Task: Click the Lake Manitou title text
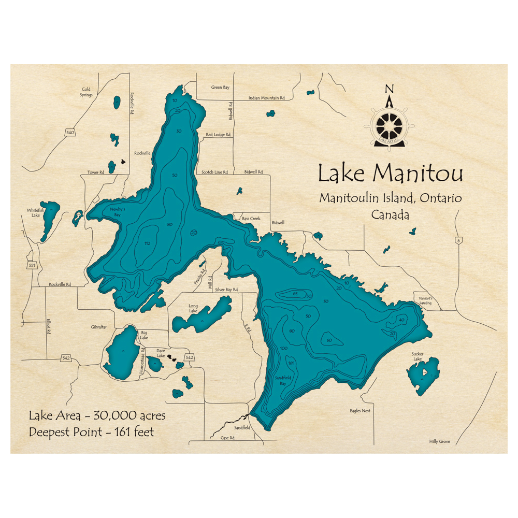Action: point(390,174)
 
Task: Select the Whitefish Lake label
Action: point(35,212)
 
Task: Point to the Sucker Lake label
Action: point(418,357)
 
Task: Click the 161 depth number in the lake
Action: point(291,363)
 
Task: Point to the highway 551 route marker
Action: point(32,265)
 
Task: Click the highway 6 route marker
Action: point(458,240)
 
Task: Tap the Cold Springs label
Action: point(86,92)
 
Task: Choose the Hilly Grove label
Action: point(439,441)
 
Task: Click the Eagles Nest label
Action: point(359,411)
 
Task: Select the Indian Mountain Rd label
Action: point(267,98)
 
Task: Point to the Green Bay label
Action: point(220,88)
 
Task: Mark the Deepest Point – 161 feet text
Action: point(91,431)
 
